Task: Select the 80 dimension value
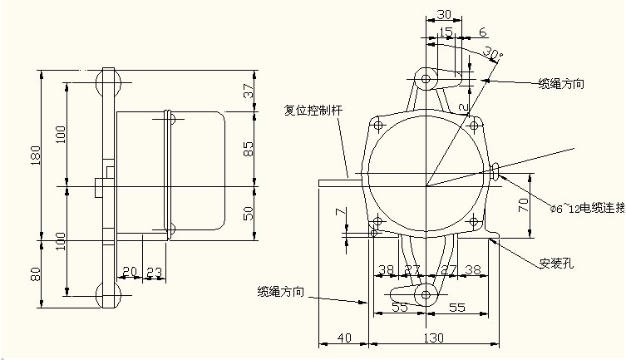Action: pos(34,274)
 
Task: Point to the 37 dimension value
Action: pos(248,92)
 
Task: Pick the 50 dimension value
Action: pos(248,213)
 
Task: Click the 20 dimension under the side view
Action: pos(129,272)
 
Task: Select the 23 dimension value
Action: pos(155,272)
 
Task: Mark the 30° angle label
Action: pos(492,55)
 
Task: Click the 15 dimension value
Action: pos(446,32)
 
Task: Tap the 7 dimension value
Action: pos(340,213)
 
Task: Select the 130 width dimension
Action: pos(434,338)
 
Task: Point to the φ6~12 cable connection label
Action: pos(587,205)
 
